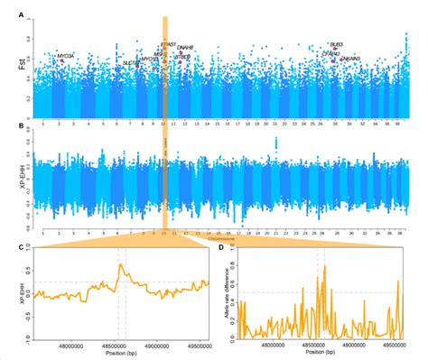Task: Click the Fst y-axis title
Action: [10, 67]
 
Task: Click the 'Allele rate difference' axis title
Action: [224, 293]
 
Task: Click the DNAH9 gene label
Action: [185, 47]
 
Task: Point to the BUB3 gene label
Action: [337, 44]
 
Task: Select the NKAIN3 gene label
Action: [351, 59]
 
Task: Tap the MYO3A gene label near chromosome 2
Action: [65, 56]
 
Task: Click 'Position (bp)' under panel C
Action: [118, 352]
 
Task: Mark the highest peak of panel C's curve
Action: [121, 264]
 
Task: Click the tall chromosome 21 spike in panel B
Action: [275, 143]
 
